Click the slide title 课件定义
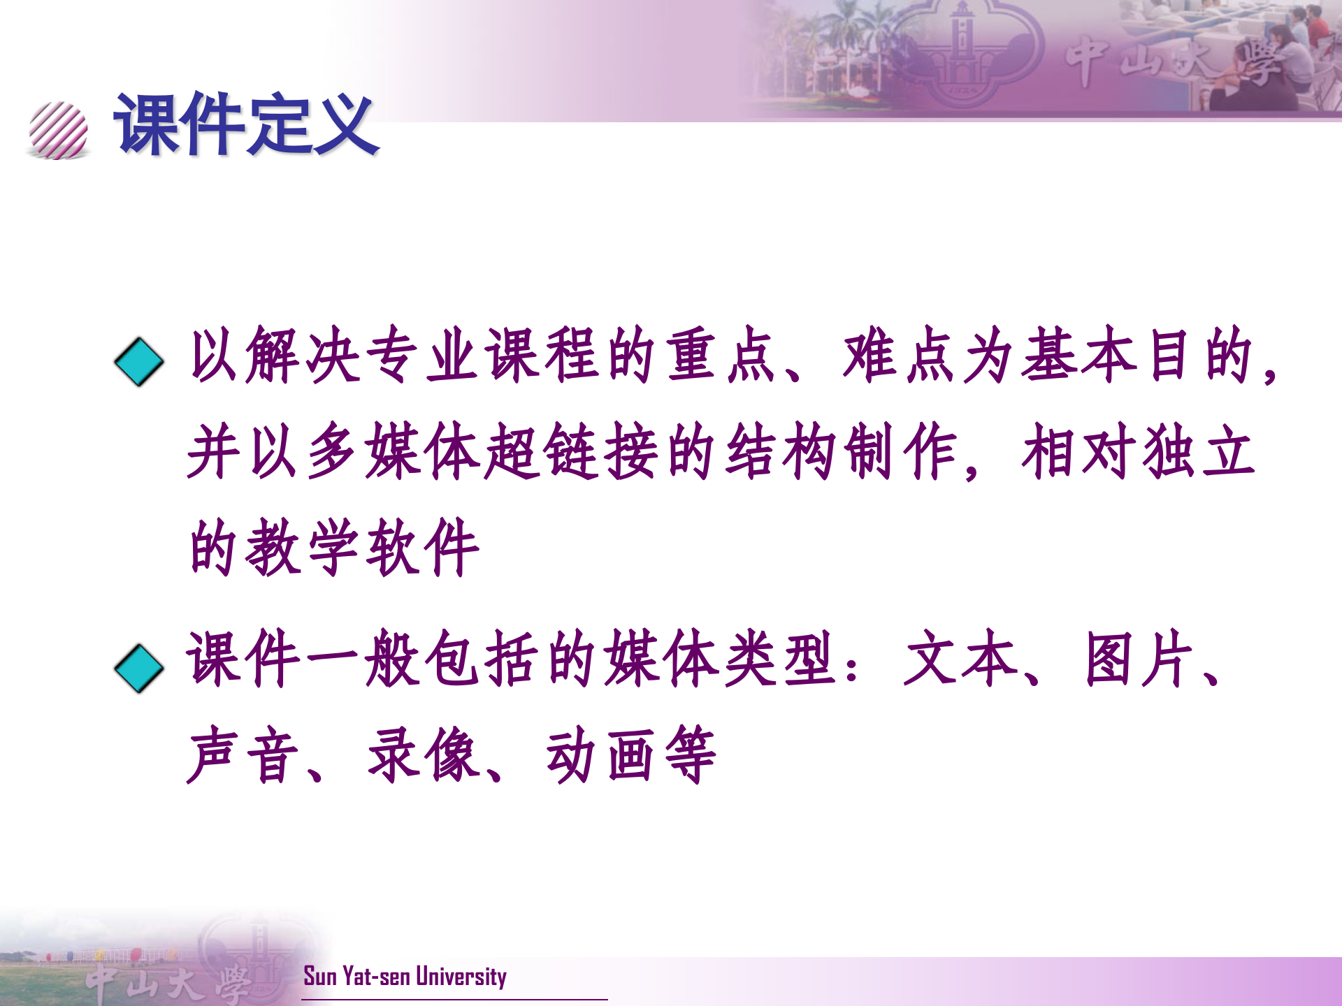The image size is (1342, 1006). click(246, 124)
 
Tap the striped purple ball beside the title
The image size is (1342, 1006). click(59, 130)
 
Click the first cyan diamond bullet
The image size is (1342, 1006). click(139, 361)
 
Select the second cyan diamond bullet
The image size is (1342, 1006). click(139, 668)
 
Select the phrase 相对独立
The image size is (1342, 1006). click(1138, 452)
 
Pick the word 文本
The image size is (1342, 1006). click(960, 658)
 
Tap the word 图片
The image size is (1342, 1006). click(1139, 658)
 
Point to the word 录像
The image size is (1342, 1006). click(422, 755)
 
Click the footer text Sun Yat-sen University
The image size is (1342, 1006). click(405, 976)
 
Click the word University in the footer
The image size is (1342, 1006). click(461, 976)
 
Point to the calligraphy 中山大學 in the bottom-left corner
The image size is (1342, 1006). click(168, 982)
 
